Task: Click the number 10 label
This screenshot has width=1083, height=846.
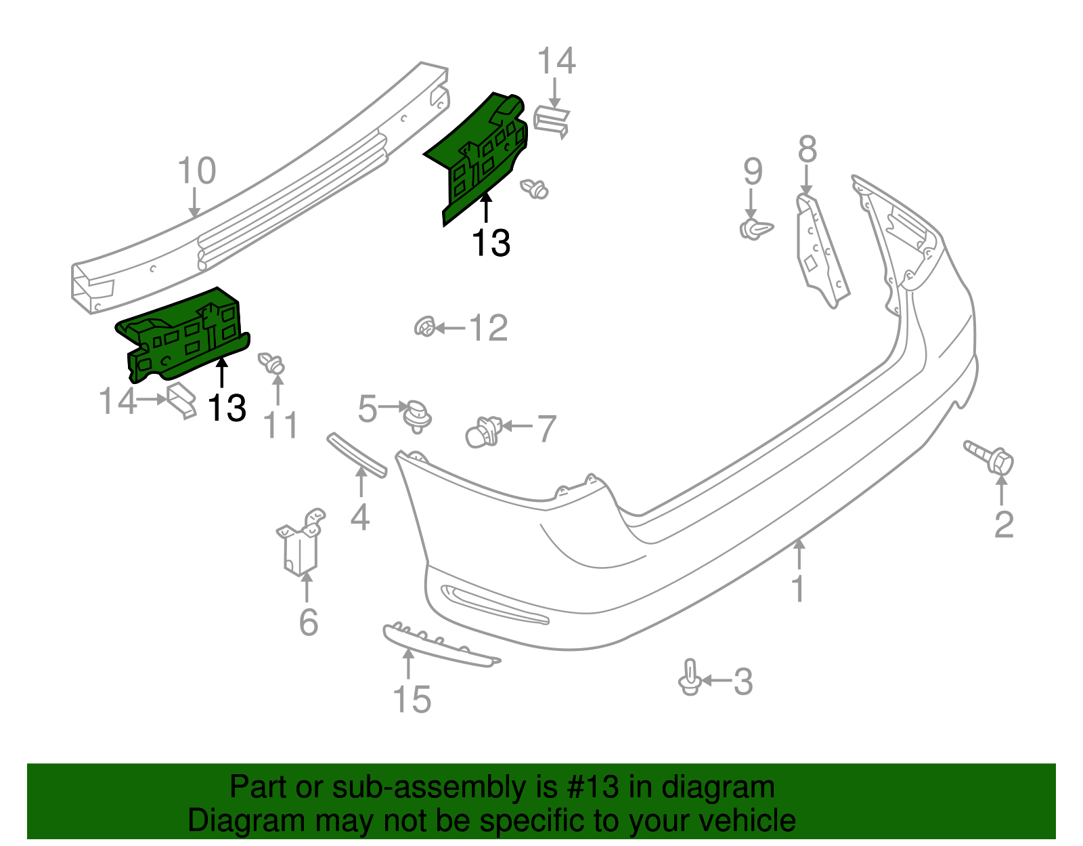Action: (196, 171)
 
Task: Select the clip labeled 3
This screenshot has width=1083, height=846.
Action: (689, 678)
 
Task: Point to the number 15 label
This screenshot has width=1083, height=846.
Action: (412, 699)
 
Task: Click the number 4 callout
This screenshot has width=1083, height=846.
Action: (359, 517)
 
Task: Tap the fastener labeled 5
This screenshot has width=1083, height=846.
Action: (417, 415)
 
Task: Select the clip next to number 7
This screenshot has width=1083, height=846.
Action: (483, 431)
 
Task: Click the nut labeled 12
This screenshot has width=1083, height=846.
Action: (424, 328)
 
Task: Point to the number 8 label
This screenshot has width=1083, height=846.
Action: (807, 150)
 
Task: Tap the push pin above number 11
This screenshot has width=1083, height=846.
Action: (273, 363)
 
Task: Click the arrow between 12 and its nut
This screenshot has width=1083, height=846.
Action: (449, 329)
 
